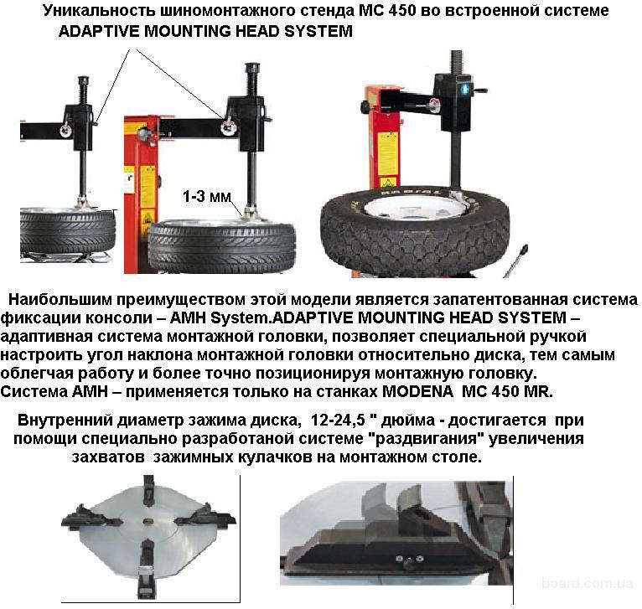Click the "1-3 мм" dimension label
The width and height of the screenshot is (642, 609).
tap(207, 197)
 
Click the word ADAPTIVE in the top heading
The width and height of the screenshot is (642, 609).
tap(99, 31)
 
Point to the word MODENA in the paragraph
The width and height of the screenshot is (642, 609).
tap(417, 392)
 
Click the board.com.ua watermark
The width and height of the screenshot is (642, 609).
tap(588, 583)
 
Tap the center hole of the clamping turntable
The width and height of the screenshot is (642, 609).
tap(148, 521)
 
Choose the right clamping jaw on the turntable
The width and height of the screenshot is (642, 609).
tap(205, 518)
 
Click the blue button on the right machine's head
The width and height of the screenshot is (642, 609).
tap(466, 88)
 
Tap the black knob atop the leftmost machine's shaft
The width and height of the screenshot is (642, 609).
tap(83, 80)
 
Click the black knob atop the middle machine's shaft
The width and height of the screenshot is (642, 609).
tap(252, 67)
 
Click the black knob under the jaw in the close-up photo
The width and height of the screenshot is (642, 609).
tap(408, 565)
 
